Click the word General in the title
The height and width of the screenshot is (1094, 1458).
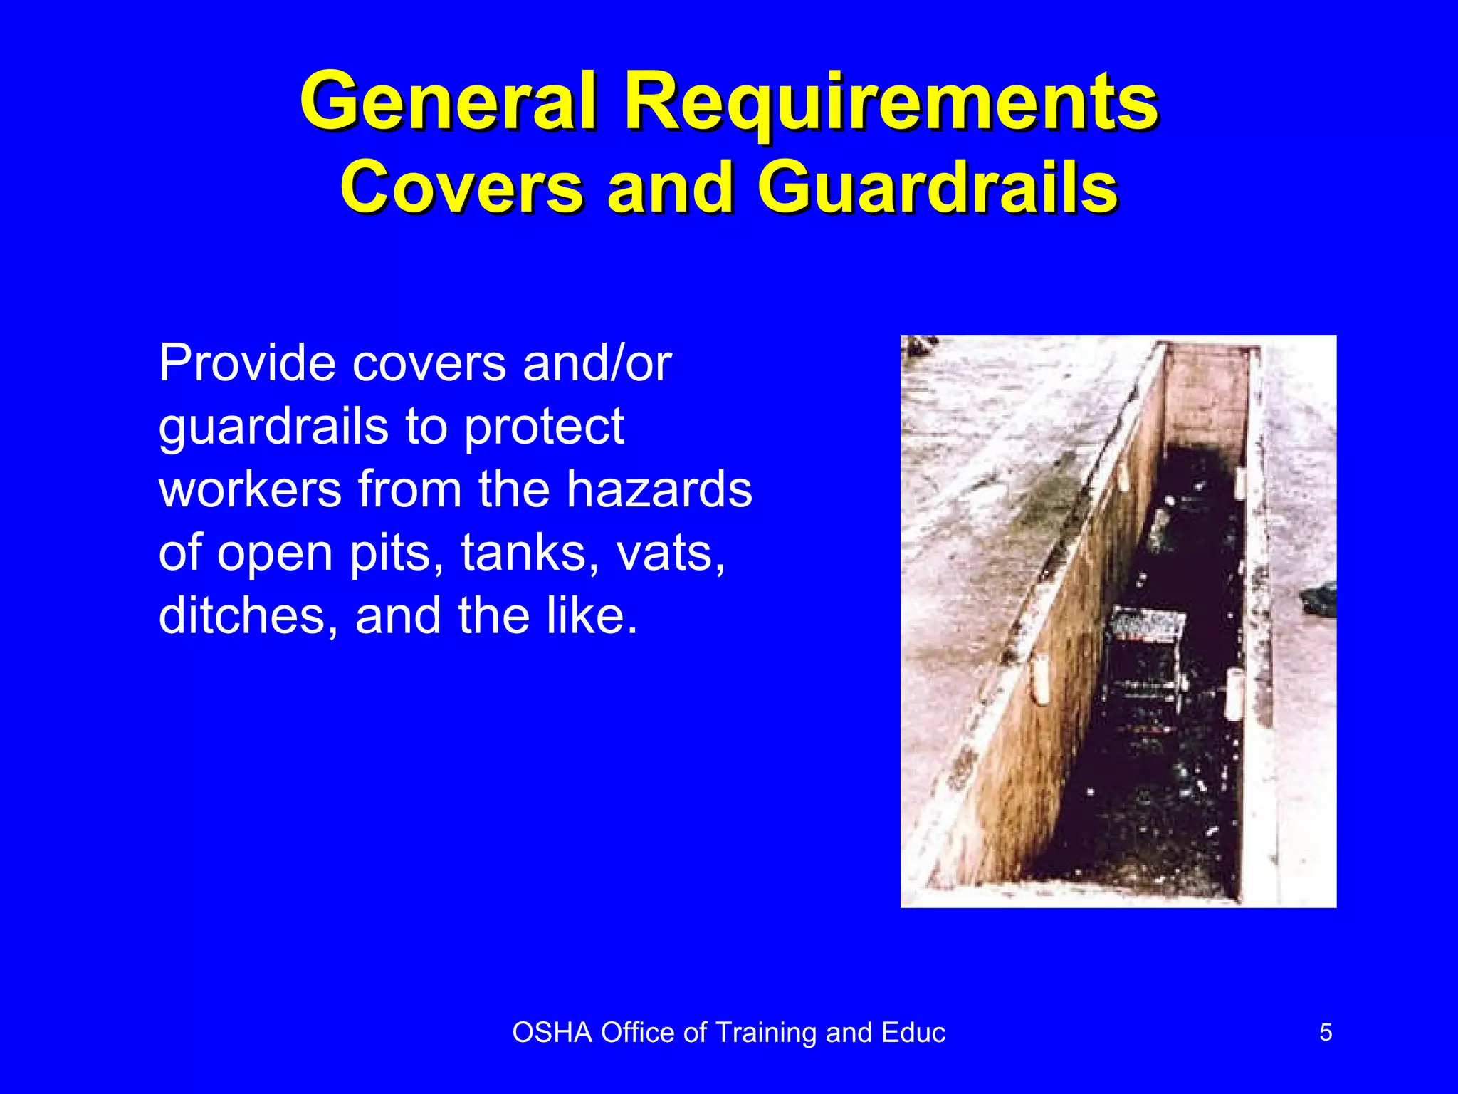pyautogui.click(x=447, y=101)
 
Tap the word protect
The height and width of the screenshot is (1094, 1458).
pyautogui.click(x=545, y=427)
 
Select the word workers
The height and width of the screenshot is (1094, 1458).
pyautogui.click(x=250, y=489)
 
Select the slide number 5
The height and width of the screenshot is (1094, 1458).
pyautogui.click(x=1326, y=1032)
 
